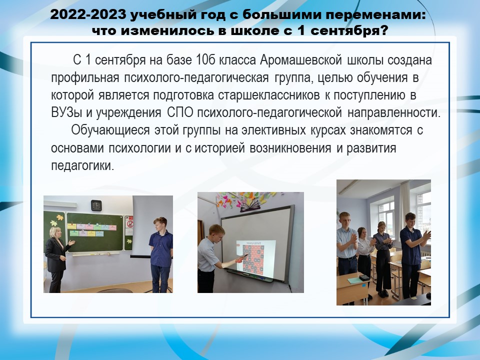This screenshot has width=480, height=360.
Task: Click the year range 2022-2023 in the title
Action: pos(88,14)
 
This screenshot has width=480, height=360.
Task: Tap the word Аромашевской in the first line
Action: pos(301,59)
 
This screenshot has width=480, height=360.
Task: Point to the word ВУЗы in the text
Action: pos(66,112)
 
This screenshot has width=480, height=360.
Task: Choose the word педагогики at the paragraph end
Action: pos(82,165)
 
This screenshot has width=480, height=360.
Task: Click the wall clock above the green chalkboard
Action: pos(96,205)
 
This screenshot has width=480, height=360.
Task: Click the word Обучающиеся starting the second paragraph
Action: pos(110,130)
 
